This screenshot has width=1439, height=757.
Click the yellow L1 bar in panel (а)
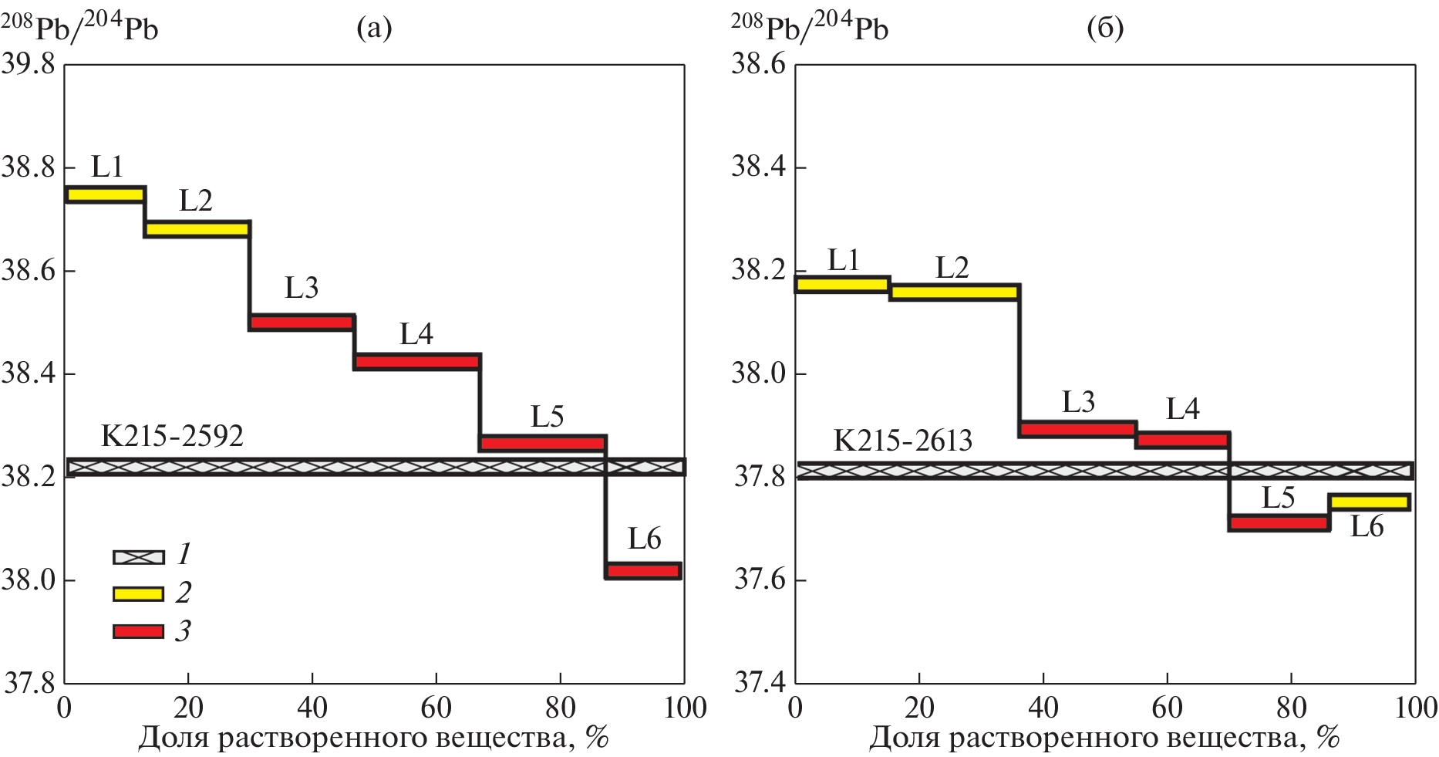point(105,194)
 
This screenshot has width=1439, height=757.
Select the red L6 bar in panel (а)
point(642,571)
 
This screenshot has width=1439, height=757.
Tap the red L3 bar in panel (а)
point(302,323)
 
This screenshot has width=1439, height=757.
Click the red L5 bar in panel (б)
point(1279,523)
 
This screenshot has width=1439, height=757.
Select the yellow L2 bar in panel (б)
point(955,292)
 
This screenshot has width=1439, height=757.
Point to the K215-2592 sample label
point(172,437)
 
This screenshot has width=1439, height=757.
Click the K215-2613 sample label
point(903,441)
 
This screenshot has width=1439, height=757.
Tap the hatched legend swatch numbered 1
point(139,557)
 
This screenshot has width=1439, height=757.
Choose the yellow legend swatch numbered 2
point(139,593)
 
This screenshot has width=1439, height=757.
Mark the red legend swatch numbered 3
point(139,631)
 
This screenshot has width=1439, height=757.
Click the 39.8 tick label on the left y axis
point(29,63)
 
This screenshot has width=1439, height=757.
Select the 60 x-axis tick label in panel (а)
point(436,708)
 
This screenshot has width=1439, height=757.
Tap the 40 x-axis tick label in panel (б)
point(1043,708)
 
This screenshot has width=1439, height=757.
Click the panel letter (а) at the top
point(374,29)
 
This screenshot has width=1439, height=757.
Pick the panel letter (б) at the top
point(1104,29)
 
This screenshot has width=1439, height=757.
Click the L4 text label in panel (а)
point(416,334)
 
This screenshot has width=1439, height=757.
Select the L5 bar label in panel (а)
point(547,417)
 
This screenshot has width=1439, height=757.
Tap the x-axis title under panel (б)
point(1104,738)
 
